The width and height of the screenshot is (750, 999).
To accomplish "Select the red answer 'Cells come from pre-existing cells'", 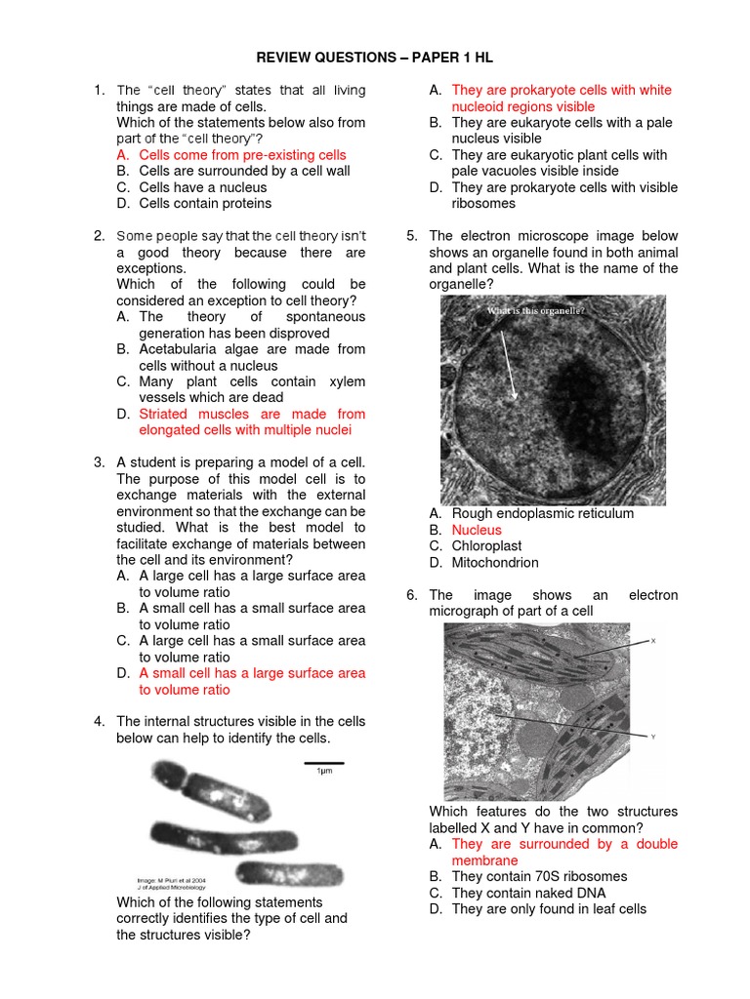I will tap(242, 155).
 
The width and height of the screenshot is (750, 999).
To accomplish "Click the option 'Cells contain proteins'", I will tap(205, 204).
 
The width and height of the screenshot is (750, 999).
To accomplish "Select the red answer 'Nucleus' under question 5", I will tap(477, 530).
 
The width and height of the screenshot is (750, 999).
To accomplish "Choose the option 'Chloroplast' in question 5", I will tap(486, 546).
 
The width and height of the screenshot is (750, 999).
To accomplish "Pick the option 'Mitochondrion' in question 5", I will tap(494, 563).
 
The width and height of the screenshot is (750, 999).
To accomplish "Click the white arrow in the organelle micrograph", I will tap(510, 364).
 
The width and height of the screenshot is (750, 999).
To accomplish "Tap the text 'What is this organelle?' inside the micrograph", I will tap(536, 311).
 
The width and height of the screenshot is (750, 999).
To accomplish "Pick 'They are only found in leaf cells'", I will tap(549, 909).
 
